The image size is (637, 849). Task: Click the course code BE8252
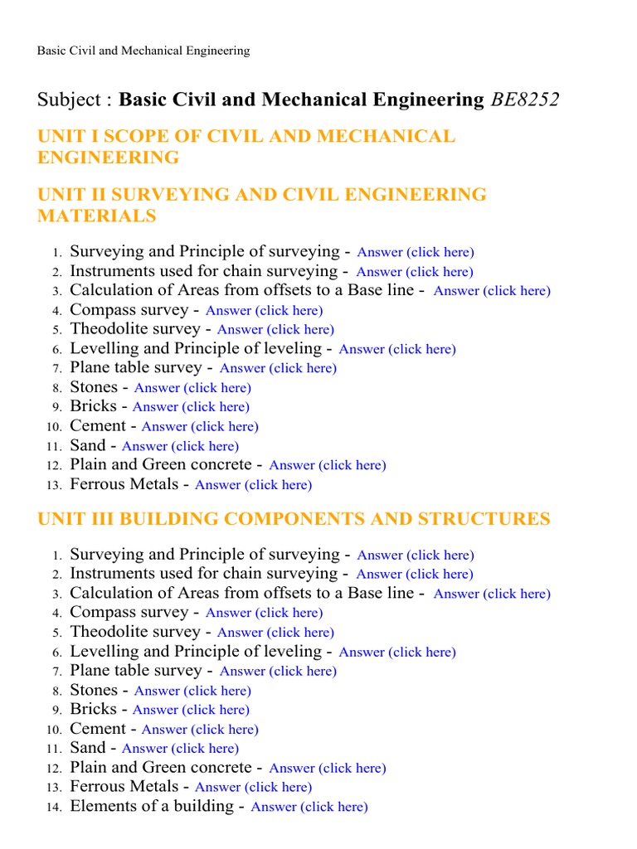(x=524, y=100)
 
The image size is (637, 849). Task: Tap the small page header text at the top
(x=143, y=51)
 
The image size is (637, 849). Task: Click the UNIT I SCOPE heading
(x=246, y=147)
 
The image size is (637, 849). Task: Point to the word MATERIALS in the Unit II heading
(x=97, y=216)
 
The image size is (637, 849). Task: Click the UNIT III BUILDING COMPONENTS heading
(x=294, y=519)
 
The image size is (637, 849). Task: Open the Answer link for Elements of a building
(x=309, y=807)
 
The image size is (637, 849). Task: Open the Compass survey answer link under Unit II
(x=264, y=310)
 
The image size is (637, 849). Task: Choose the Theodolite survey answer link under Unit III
(x=275, y=633)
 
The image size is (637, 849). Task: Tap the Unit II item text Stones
(x=94, y=387)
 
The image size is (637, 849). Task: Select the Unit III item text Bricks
(x=93, y=710)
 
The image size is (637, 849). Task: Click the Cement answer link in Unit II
(x=200, y=426)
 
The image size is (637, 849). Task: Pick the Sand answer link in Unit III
(x=180, y=749)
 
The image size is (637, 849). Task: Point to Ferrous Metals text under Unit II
(x=124, y=484)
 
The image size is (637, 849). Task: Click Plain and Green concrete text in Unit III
(x=160, y=768)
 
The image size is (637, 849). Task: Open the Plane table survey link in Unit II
(x=278, y=368)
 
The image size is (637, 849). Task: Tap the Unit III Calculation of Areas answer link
(x=492, y=594)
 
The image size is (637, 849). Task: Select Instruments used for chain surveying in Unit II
(x=204, y=271)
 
